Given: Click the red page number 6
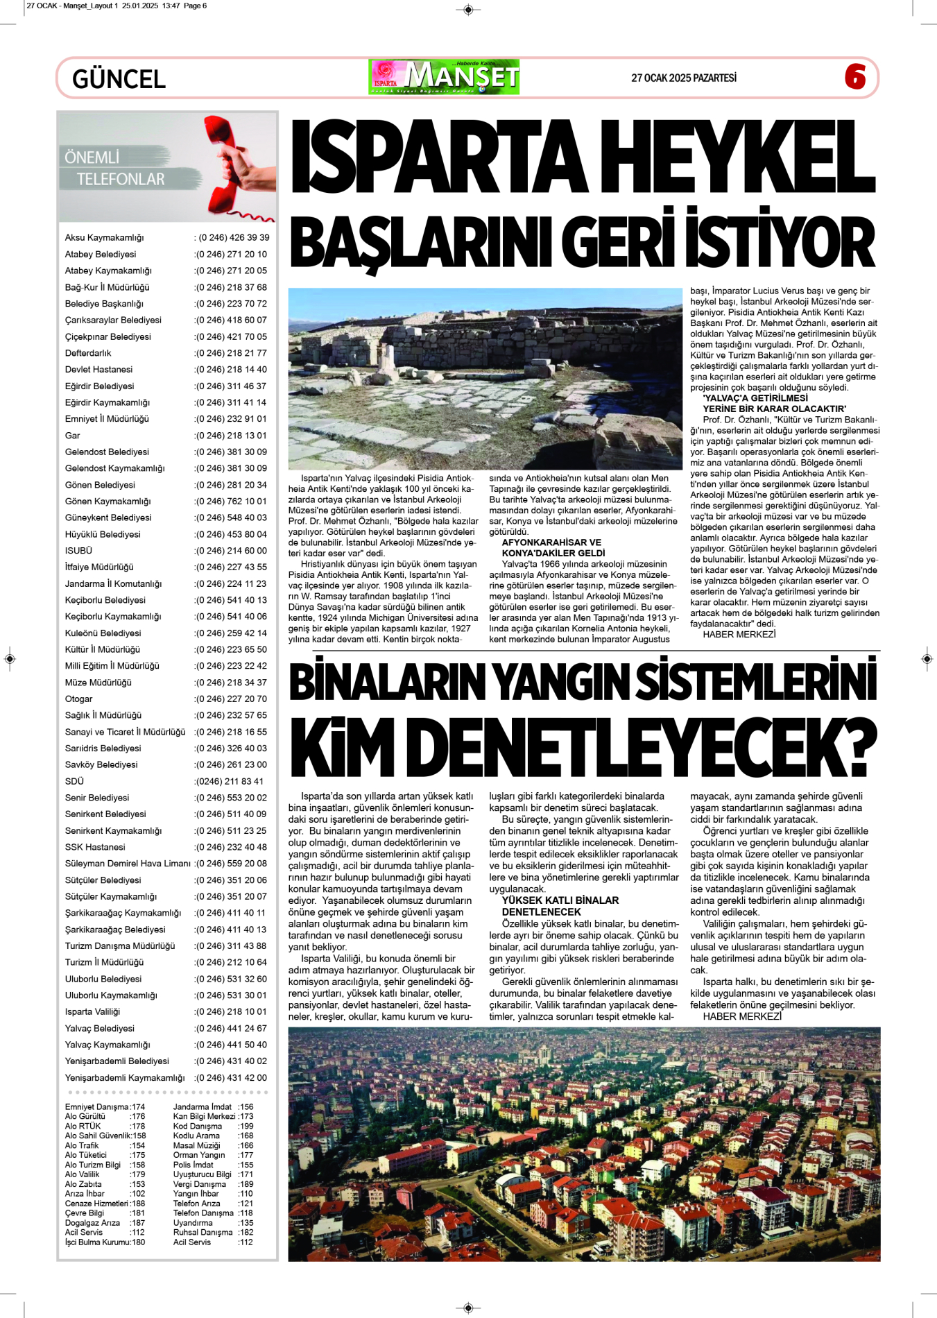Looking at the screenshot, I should (x=855, y=76).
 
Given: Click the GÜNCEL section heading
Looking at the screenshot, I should (x=119, y=79).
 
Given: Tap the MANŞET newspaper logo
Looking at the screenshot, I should (x=444, y=77).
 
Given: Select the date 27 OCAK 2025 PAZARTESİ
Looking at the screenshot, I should (x=683, y=78).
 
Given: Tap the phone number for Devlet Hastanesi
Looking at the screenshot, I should (x=231, y=370).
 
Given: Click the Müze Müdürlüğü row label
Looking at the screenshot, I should (x=98, y=683).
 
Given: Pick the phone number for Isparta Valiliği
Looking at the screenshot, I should (x=231, y=1012).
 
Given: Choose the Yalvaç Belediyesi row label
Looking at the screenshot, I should (x=99, y=1029).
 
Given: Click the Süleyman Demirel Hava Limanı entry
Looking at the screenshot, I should (x=128, y=864).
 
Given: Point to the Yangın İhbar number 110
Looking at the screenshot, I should (x=246, y=1194).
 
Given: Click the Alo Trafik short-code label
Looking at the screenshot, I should (x=82, y=1146).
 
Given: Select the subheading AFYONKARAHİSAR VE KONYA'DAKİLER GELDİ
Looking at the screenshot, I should (x=552, y=548).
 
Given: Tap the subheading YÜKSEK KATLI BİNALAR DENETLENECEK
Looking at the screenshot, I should (x=560, y=906).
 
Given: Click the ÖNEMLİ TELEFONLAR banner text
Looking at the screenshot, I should (x=114, y=169).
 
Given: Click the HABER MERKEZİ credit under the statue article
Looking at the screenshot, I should (x=739, y=634).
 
